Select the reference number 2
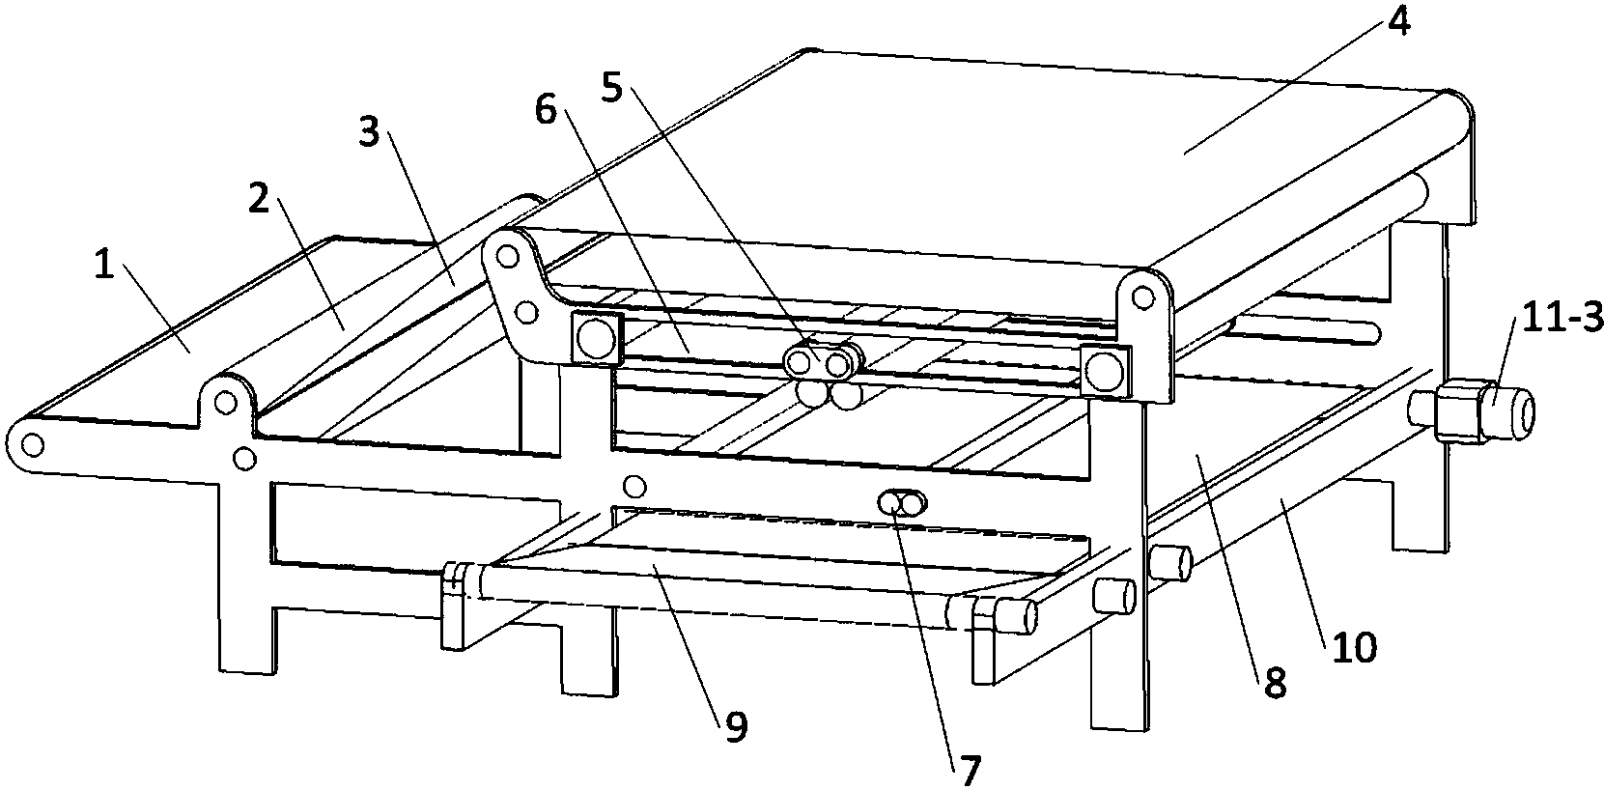coord(259,199)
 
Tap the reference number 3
coord(369,131)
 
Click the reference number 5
coord(611,89)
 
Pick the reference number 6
coord(547,110)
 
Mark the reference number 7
coord(969,772)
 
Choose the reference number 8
coord(1276,683)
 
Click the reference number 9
coord(736,726)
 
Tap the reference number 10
coord(1354,648)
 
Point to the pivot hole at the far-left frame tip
coord(32,445)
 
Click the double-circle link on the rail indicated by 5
coord(821,363)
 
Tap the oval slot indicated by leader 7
coord(902,504)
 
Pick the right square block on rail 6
coord(1106,371)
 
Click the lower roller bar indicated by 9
coord(717,590)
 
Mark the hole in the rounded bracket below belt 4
coord(1142,296)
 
